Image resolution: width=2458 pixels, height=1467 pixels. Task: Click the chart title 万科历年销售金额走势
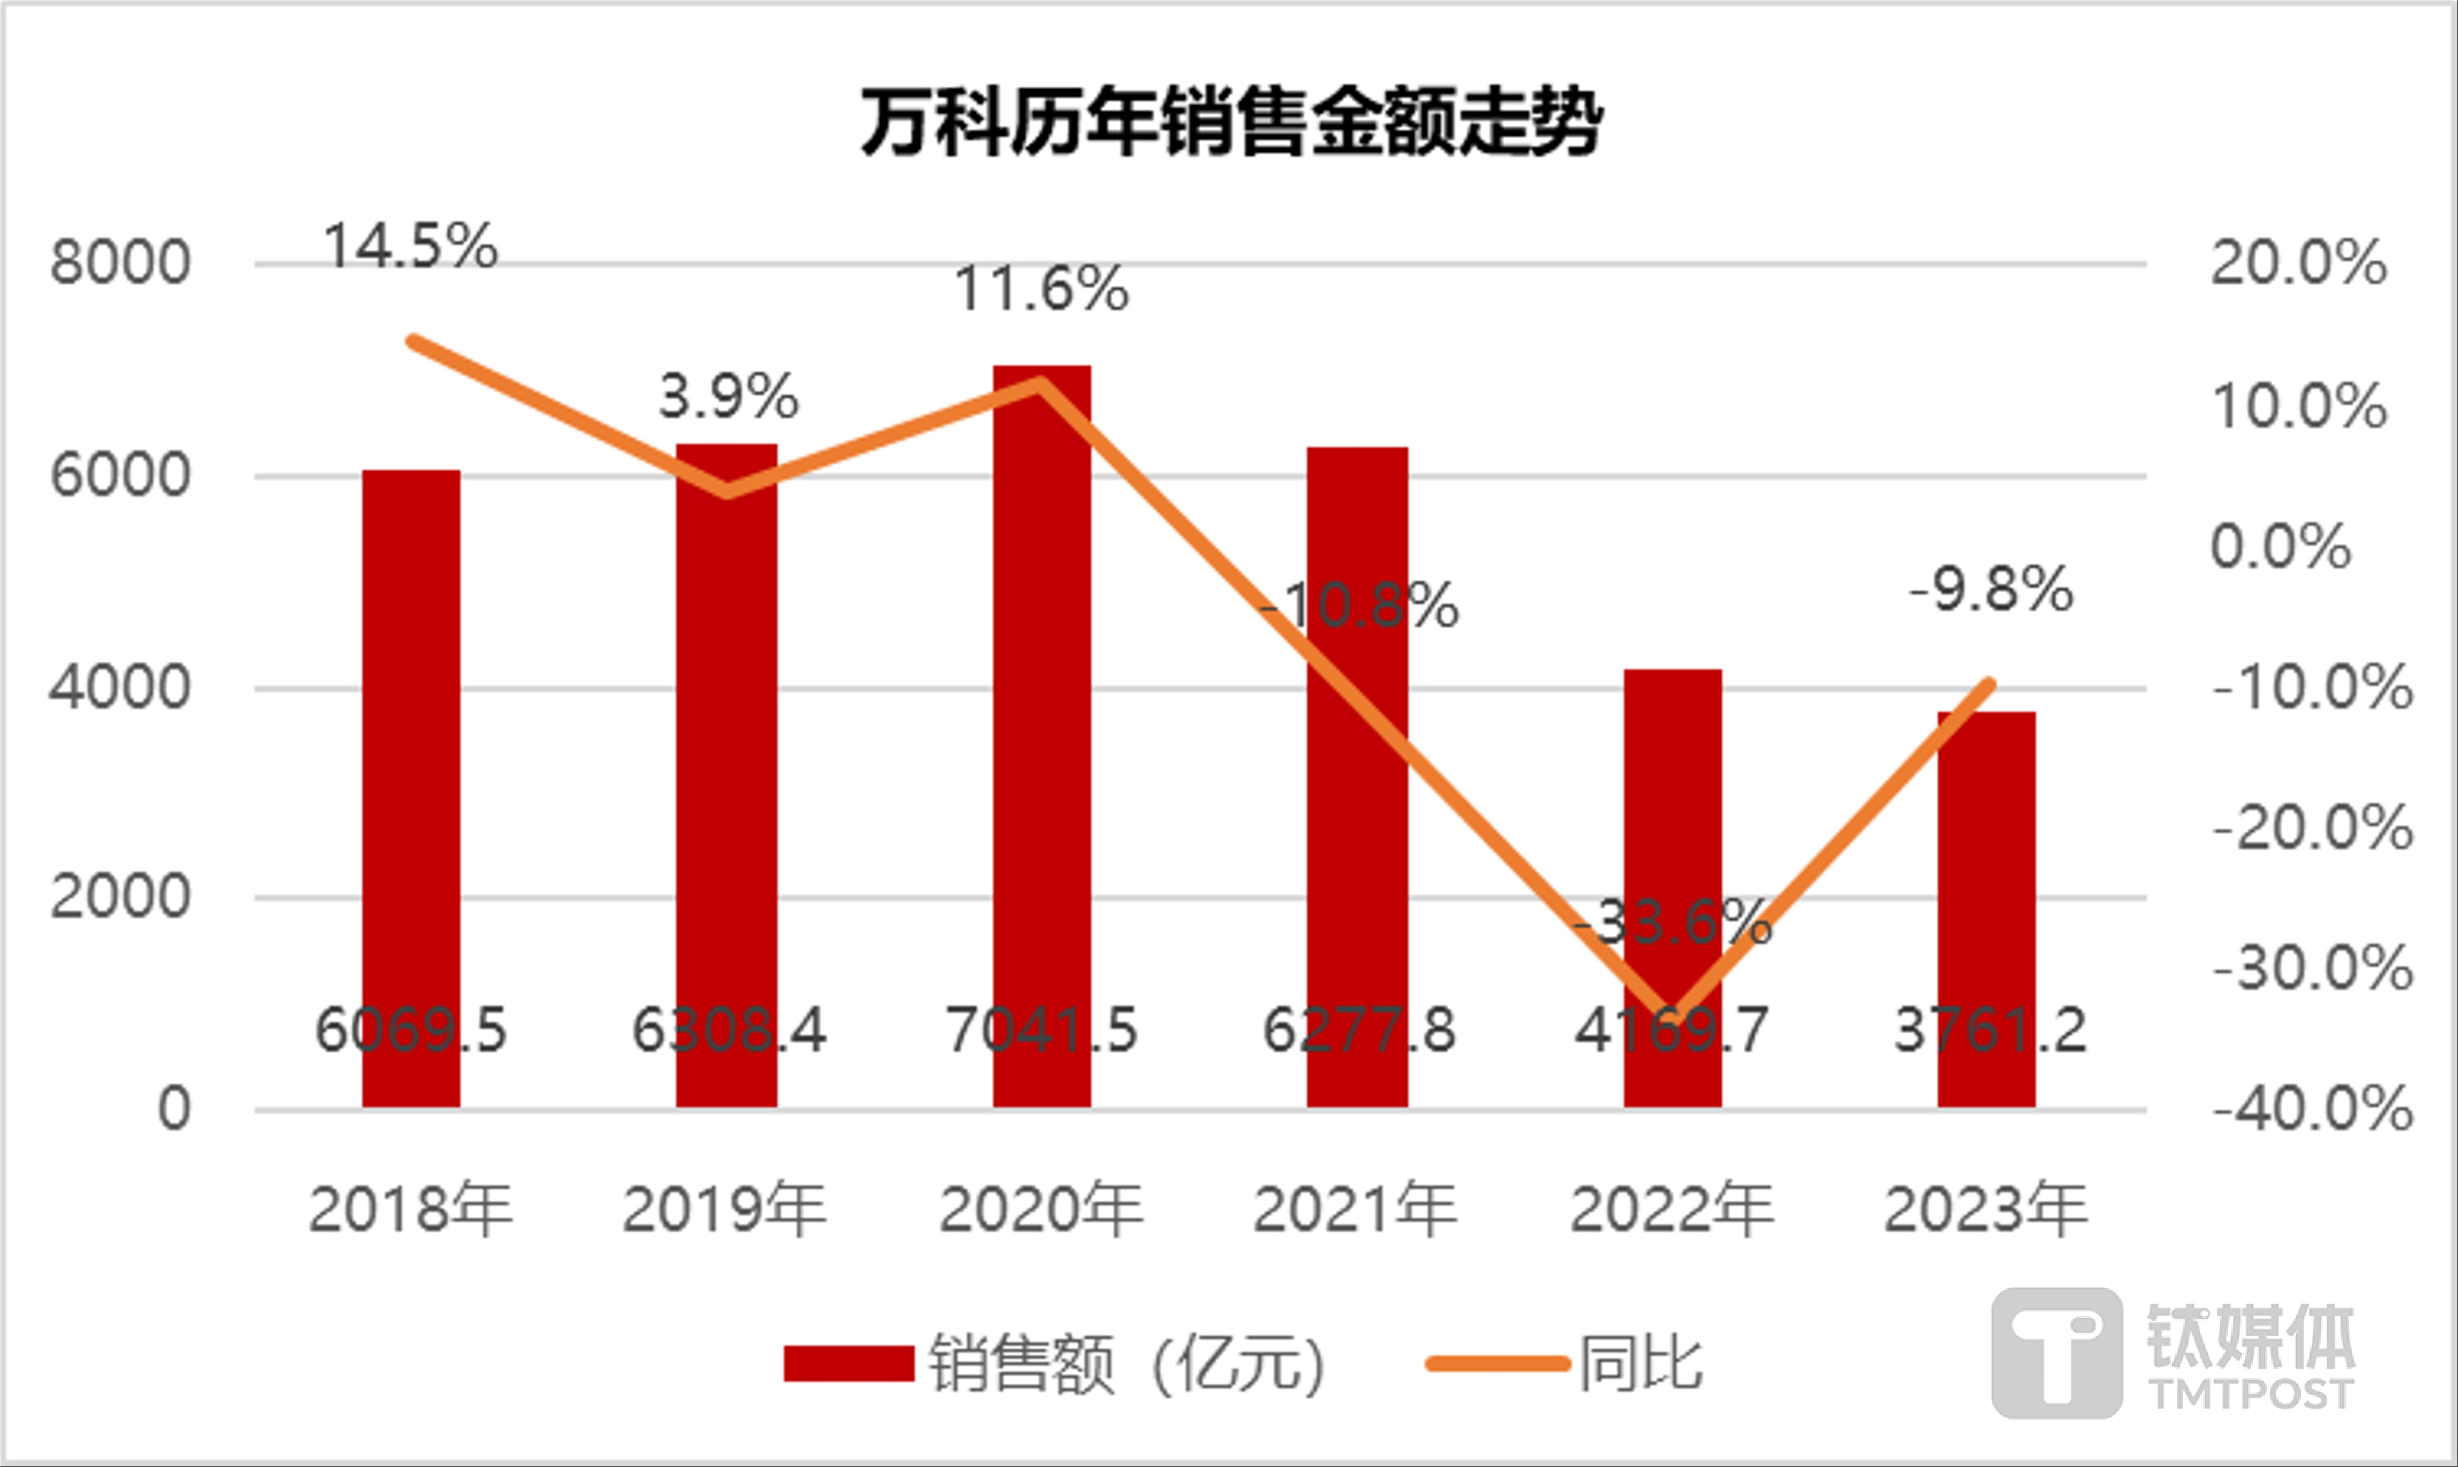click(1231, 123)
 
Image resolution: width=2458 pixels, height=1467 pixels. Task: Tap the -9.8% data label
click(1990, 590)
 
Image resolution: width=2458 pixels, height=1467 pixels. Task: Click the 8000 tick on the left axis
click(120, 264)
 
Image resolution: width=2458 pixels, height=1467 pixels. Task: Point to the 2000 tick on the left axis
click(120, 898)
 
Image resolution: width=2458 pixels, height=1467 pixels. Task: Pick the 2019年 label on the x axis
click(725, 1209)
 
